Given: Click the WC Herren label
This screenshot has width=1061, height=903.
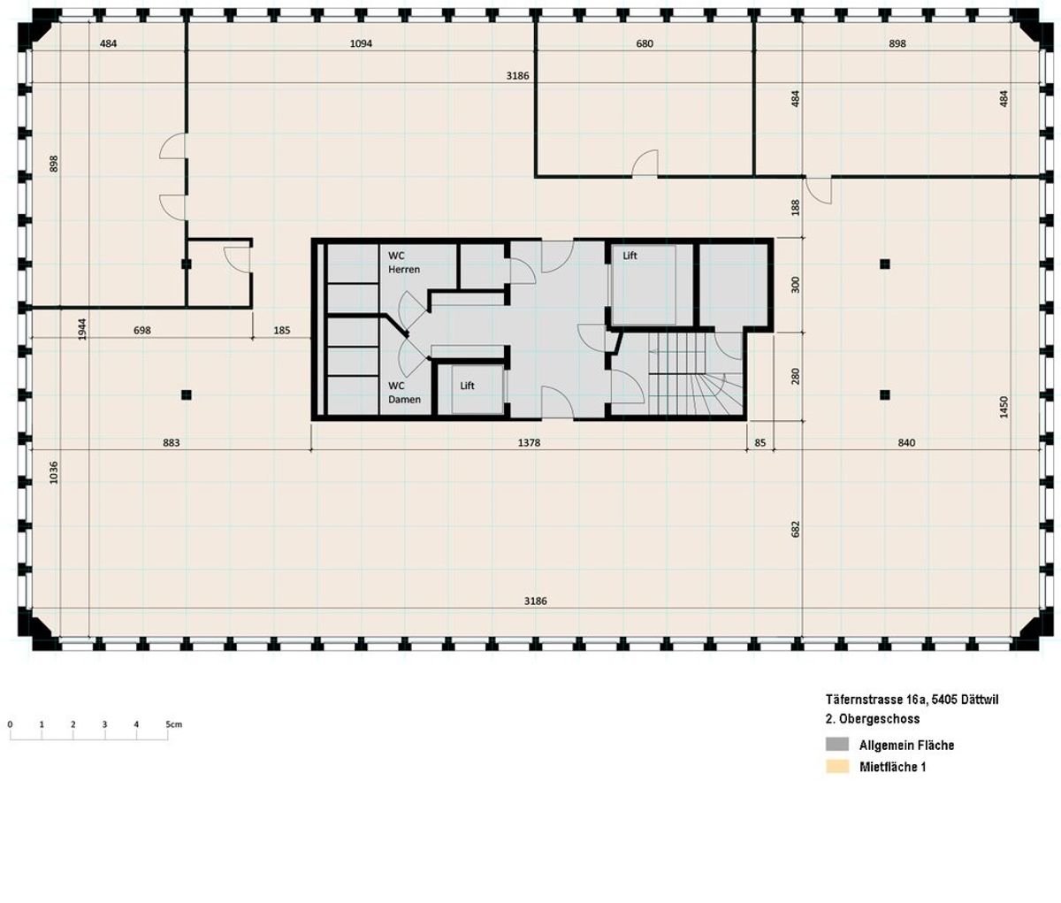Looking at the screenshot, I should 404,263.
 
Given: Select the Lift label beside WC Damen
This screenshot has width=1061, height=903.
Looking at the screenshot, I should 467,386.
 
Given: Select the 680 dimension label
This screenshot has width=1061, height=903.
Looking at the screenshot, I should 645,43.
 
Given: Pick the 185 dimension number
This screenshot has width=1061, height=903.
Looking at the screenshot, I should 282,331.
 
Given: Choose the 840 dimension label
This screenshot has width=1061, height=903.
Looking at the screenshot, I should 906,442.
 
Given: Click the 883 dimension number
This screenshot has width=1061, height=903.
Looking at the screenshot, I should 172,442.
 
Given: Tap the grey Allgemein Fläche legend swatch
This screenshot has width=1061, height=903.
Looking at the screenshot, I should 836,745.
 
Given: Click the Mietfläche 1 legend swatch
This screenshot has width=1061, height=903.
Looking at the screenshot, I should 836,767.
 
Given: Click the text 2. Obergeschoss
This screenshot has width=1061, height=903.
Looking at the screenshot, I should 867,719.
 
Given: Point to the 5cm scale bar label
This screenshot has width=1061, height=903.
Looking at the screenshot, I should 173,724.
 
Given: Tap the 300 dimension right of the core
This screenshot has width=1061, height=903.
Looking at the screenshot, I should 795,285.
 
